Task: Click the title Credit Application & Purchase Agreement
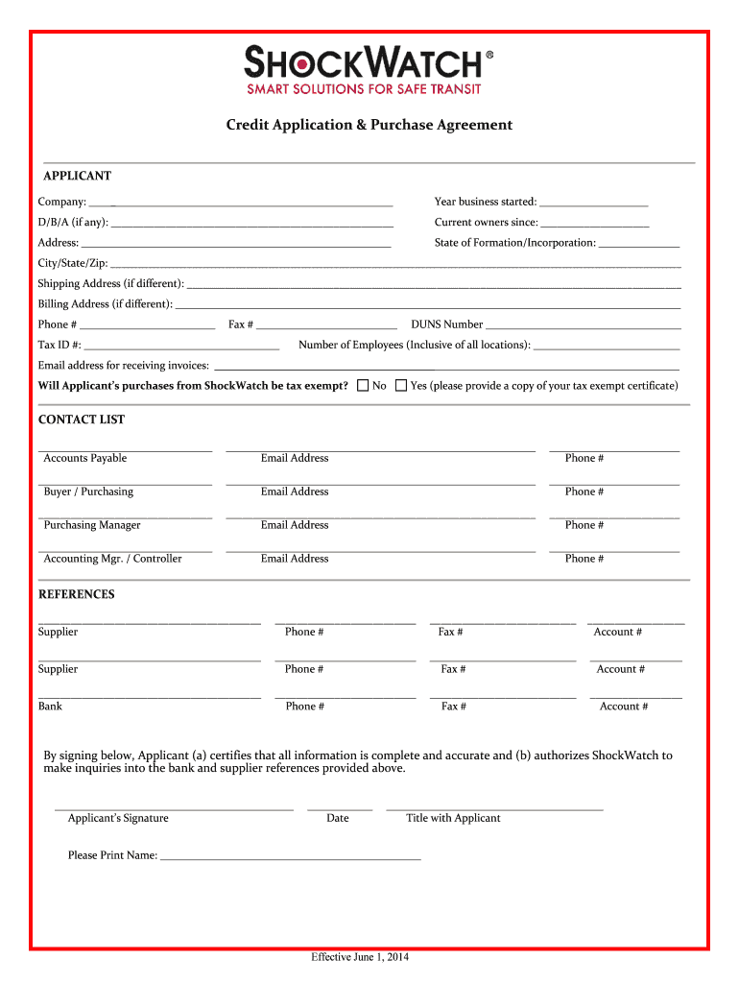tap(369, 125)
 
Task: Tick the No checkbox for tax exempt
tap(363, 386)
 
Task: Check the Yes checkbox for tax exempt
tap(401, 386)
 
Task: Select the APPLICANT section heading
tap(77, 176)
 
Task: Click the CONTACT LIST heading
tap(82, 420)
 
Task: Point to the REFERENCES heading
tap(76, 594)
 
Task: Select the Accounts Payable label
tap(84, 458)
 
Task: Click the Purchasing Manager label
tap(92, 525)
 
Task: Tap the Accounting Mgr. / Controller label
tap(112, 559)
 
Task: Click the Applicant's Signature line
tap(174, 809)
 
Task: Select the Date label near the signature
tap(338, 818)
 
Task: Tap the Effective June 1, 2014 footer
tap(360, 958)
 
